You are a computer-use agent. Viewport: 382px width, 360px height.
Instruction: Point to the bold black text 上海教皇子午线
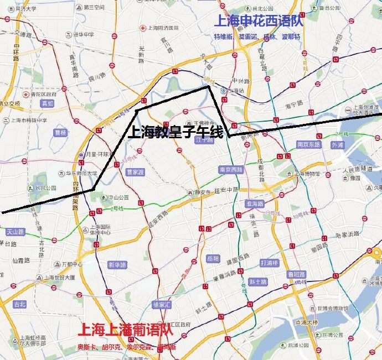point(174,133)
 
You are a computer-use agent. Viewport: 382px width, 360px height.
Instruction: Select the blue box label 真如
point(47,103)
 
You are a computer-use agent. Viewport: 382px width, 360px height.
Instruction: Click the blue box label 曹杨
point(60,133)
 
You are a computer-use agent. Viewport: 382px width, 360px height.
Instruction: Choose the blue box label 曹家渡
point(135,172)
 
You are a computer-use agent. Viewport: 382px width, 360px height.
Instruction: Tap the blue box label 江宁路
point(204,140)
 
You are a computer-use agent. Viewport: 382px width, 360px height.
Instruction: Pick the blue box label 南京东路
point(309,144)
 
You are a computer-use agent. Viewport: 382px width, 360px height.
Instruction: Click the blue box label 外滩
point(337,145)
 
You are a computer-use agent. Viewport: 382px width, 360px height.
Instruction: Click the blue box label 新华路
point(117,264)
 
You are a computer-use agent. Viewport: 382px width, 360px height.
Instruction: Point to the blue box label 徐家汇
point(162,305)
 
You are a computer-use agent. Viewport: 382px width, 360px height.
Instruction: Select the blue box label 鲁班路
point(295,274)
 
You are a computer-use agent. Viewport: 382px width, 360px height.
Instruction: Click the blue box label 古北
point(19,304)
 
